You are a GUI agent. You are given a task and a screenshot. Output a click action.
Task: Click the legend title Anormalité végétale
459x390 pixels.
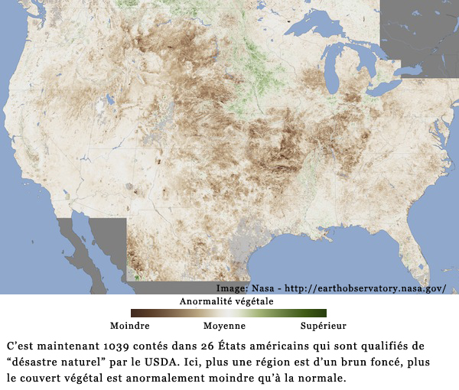226,301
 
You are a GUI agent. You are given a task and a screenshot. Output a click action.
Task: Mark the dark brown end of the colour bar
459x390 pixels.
135,313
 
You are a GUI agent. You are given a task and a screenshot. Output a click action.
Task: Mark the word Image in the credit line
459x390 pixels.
229,288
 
